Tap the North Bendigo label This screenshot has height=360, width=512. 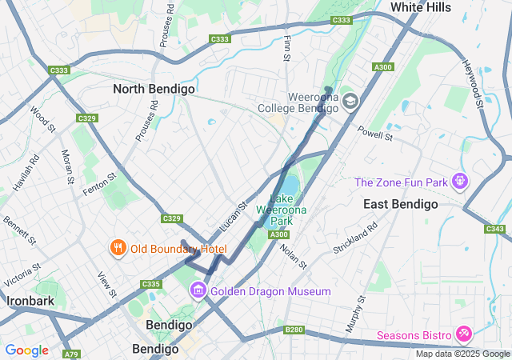[154, 90]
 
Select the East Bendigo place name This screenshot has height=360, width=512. [400, 204]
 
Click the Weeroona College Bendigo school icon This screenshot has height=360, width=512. [350, 102]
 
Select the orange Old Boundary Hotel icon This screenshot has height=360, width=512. [118, 248]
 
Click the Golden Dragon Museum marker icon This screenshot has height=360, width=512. [198, 290]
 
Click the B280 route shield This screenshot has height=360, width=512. [294, 330]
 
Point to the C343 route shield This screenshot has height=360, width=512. [496, 229]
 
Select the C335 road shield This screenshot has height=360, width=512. [151, 284]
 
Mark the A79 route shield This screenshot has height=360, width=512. [73, 353]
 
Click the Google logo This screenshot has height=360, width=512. [26, 350]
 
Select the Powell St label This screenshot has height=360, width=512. [375, 133]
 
